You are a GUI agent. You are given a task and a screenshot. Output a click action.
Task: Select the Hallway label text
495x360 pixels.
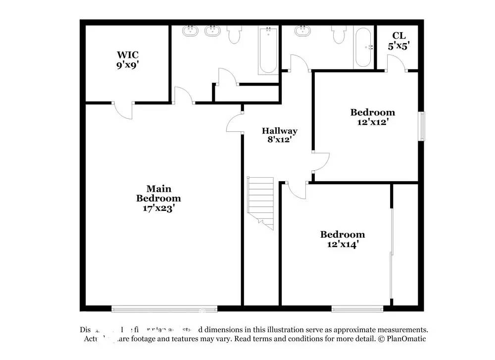280,131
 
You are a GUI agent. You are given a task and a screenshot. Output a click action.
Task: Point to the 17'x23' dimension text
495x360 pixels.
158,208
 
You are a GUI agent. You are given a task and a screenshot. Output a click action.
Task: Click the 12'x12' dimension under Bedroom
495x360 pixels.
373,121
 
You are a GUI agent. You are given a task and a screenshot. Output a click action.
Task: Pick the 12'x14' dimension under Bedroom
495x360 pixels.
343,244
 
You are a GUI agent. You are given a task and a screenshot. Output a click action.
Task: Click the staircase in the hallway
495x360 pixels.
261,201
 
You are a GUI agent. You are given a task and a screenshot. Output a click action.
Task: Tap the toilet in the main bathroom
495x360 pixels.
234,34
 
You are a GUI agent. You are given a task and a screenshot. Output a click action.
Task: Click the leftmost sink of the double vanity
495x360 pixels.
190,31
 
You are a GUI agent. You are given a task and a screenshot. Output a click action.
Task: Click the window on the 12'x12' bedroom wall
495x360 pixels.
422,126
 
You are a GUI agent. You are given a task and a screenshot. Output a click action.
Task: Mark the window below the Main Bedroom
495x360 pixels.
164,309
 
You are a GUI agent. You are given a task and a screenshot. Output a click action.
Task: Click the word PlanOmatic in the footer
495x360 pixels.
406,339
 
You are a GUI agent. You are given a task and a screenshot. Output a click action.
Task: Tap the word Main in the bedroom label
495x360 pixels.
158,189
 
